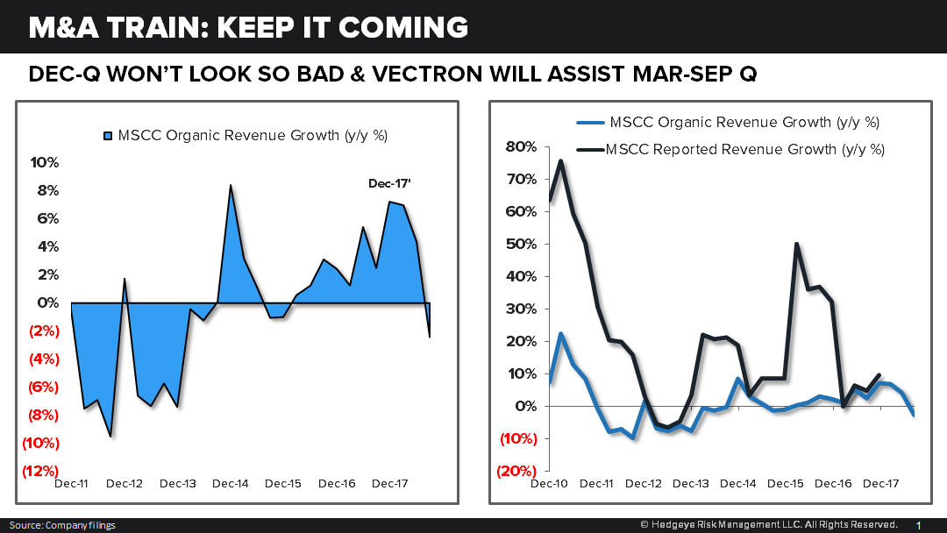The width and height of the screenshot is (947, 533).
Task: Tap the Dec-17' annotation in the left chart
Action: tap(389, 182)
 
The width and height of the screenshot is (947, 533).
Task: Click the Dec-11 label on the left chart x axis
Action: tap(71, 484)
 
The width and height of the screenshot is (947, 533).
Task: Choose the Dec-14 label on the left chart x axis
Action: tap(231, 484)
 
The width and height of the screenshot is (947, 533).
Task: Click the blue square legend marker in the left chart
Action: tap(109, 136)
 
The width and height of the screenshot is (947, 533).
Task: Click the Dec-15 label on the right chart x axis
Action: tap(785, 484)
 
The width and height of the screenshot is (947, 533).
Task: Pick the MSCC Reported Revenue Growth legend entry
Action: tap(745, 149)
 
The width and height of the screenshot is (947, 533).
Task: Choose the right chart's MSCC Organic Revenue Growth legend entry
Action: tap(744, 123)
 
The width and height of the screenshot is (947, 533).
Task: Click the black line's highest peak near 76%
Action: tap(561, 160)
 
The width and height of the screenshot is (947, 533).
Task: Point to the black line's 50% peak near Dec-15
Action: tap(796, 244)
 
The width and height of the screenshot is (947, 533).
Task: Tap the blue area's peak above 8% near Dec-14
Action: tap(231, 185)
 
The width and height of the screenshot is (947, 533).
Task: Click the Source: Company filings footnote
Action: tap(61, 525)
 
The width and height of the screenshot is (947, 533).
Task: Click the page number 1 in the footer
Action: tap(918, 524)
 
